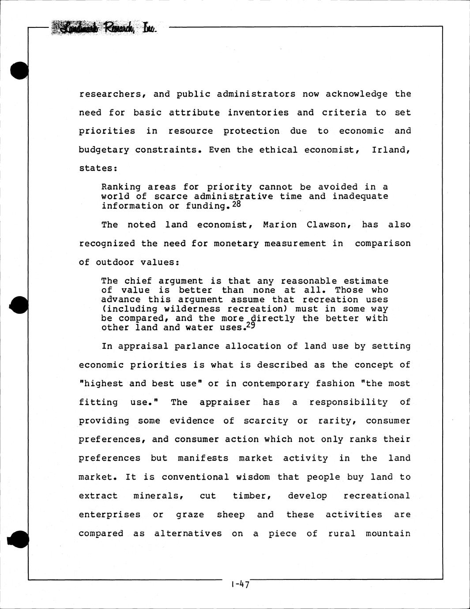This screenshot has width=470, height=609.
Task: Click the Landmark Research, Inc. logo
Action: click(104, 28)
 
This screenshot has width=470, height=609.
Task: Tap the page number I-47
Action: click(240, 584)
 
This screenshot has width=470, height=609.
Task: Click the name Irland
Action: click(390, 150)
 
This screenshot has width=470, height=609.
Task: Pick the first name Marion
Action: click(280, 225)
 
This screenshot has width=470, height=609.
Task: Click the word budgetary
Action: click(104, 150)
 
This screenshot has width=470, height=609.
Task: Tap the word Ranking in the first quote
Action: click(121, 187)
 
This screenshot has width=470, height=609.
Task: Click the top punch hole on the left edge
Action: click(19, 70)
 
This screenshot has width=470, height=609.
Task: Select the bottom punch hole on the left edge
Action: click(18, 539)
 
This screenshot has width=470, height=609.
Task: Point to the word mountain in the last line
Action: click(388, 534)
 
